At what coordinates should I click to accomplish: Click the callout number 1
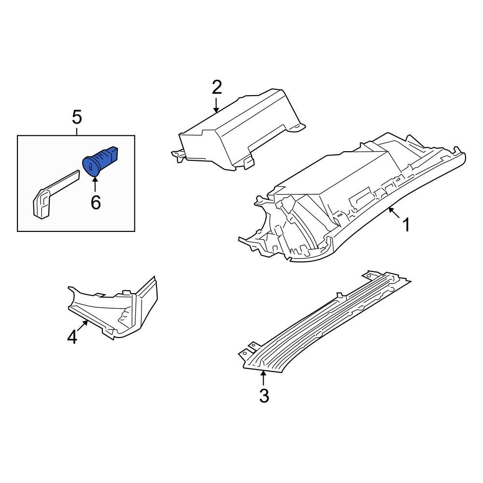tap(407, 225)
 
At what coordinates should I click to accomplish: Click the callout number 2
tap(216, 87)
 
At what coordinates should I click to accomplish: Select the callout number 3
tap(264, 396)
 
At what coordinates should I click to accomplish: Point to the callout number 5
tap(77, 117)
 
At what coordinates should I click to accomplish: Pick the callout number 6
tap(96, 203)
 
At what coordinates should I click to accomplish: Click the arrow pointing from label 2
tap(216, 105)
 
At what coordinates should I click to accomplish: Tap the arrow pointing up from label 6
tap(95, 185)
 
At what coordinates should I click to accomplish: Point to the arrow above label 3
tap(263, 378)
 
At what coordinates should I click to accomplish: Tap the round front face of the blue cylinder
tap(90, 165)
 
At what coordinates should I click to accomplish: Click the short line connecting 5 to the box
tap(77, 130)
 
